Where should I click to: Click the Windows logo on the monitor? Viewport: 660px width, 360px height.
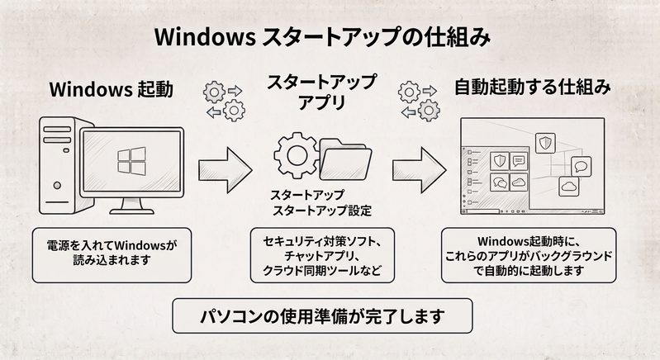click(131, 161)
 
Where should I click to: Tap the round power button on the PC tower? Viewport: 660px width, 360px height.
click(57, 185)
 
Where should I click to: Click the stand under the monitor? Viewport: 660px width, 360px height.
click(131, 206)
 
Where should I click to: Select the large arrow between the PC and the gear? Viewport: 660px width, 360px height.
click(226, 170)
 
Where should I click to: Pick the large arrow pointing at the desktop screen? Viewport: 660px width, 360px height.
click(420, 170)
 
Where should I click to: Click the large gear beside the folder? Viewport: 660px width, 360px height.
click(297, 155)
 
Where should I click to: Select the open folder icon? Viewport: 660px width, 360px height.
click(345, 159)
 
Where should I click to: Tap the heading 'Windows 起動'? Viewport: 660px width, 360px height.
click(112, 89)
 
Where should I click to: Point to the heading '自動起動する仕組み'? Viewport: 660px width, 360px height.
click(533, 87)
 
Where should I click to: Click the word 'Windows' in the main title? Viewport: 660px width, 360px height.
click(205, 37)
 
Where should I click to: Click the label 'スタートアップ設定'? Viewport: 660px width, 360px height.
click(322, 211)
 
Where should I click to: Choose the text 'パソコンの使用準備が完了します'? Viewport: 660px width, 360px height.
click(322, 316)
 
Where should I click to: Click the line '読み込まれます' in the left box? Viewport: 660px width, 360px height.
click(112, 260)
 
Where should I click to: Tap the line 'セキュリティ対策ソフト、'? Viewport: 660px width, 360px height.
click(322, 241)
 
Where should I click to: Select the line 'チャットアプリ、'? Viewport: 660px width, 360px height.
click(322, 256)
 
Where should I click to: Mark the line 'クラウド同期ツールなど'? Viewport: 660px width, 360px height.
click(322, 270)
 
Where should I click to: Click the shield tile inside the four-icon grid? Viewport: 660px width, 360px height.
click(499, 161)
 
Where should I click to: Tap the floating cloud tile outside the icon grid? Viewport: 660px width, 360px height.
click(569, 187)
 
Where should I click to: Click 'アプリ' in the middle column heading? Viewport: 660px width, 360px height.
click(322, 102)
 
